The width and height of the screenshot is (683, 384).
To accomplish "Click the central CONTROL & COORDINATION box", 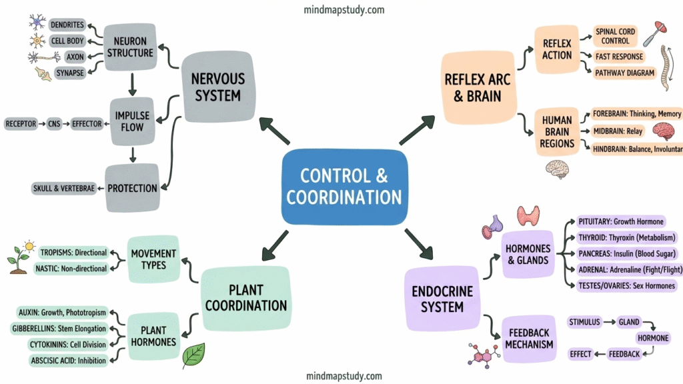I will [x=344, y=187].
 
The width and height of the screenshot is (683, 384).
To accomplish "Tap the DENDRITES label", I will [x=67, y=25].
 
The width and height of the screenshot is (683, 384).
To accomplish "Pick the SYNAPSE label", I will [x=70, y=73].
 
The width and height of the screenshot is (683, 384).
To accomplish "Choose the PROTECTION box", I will [x=132, y=188].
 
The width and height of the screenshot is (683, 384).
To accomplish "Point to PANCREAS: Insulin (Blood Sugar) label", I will [x=622, y=253].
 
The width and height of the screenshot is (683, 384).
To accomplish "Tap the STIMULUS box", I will [x=586, y=322].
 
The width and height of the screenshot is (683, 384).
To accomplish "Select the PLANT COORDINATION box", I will [x=245, y=298].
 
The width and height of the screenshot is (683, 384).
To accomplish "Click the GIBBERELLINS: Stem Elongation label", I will [x=59, y=328].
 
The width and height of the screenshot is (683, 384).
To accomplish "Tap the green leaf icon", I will [x=193, y=355].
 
